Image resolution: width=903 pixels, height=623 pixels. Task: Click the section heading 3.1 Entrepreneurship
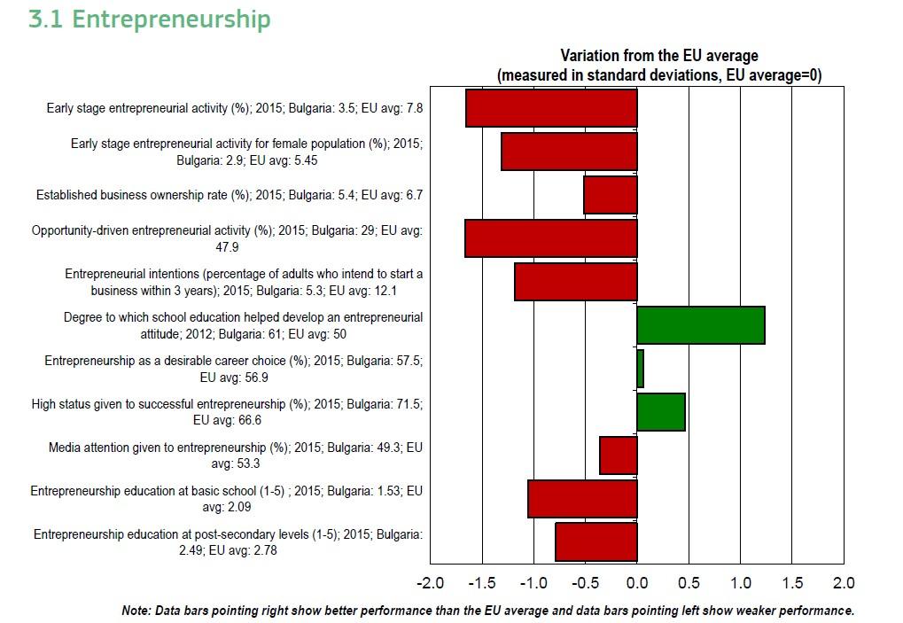149,19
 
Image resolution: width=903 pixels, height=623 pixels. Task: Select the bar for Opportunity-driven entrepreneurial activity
550,238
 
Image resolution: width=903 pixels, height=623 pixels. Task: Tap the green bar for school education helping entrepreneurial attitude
700,325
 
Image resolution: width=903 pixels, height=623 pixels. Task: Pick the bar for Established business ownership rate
610,195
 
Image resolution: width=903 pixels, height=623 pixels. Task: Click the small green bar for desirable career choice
640,369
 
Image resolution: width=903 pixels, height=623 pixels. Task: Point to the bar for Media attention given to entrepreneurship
618,456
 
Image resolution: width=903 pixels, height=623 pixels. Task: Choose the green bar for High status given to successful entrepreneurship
660,412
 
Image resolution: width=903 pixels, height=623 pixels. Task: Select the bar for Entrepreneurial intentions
575,282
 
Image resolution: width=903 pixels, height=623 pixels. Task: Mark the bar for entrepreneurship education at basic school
582,499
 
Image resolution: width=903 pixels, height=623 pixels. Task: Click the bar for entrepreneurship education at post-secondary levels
596,542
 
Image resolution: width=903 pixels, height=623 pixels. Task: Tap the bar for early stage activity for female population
569,152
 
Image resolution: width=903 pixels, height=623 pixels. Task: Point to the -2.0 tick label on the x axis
430,583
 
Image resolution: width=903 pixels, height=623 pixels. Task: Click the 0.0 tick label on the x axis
637,583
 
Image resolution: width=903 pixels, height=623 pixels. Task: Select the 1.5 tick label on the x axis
792,583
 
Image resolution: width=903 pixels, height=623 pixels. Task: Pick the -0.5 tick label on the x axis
585,583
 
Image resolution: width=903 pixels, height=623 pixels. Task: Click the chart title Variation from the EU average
659,57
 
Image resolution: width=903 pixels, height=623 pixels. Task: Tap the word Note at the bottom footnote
136,611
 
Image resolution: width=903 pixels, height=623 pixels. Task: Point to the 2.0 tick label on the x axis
844,583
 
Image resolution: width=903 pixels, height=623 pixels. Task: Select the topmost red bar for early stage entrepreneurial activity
551,108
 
